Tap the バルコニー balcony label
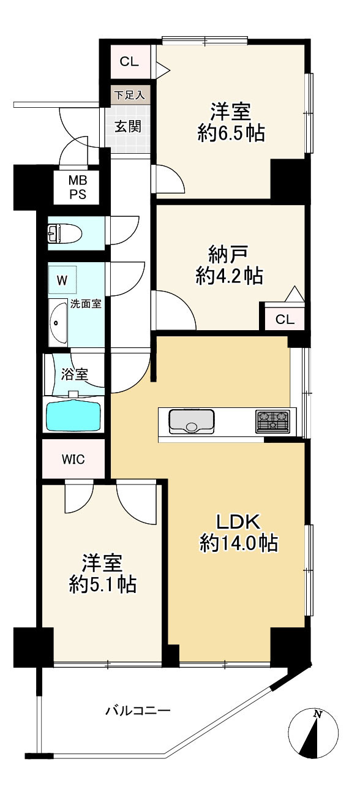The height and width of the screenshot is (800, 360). pos(138,711)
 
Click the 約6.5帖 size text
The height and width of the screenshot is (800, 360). pos(231,133)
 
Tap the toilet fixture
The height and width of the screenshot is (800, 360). pos(58,233)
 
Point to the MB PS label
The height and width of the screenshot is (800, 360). pos(78,187)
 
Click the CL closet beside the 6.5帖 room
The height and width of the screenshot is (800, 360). pos(129,61)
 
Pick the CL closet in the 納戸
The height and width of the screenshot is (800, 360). pos(285,319)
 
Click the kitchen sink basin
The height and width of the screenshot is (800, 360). pos(192,421)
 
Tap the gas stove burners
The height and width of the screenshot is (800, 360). pos(272,421)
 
